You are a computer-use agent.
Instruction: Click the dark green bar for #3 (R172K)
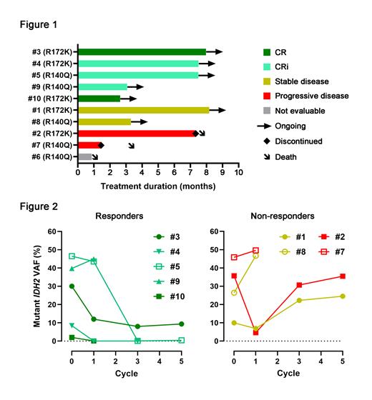coord(142,51)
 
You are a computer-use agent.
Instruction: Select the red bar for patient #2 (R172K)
coord(136,134)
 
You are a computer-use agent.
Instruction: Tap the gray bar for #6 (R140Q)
coord(84,156)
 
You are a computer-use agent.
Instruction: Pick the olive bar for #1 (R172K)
coord(143,110)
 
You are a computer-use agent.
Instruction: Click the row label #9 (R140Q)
coord(50,86)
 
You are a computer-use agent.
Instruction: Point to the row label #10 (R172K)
coord(49,98)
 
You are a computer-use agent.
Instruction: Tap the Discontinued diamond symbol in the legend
coord(267,141)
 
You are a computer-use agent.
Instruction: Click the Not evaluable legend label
coord(304,111)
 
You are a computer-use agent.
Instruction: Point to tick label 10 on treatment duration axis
coord(238,172)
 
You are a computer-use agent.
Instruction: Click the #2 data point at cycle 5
coord(343,276)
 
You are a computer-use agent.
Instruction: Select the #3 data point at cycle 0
coord(72,286)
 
